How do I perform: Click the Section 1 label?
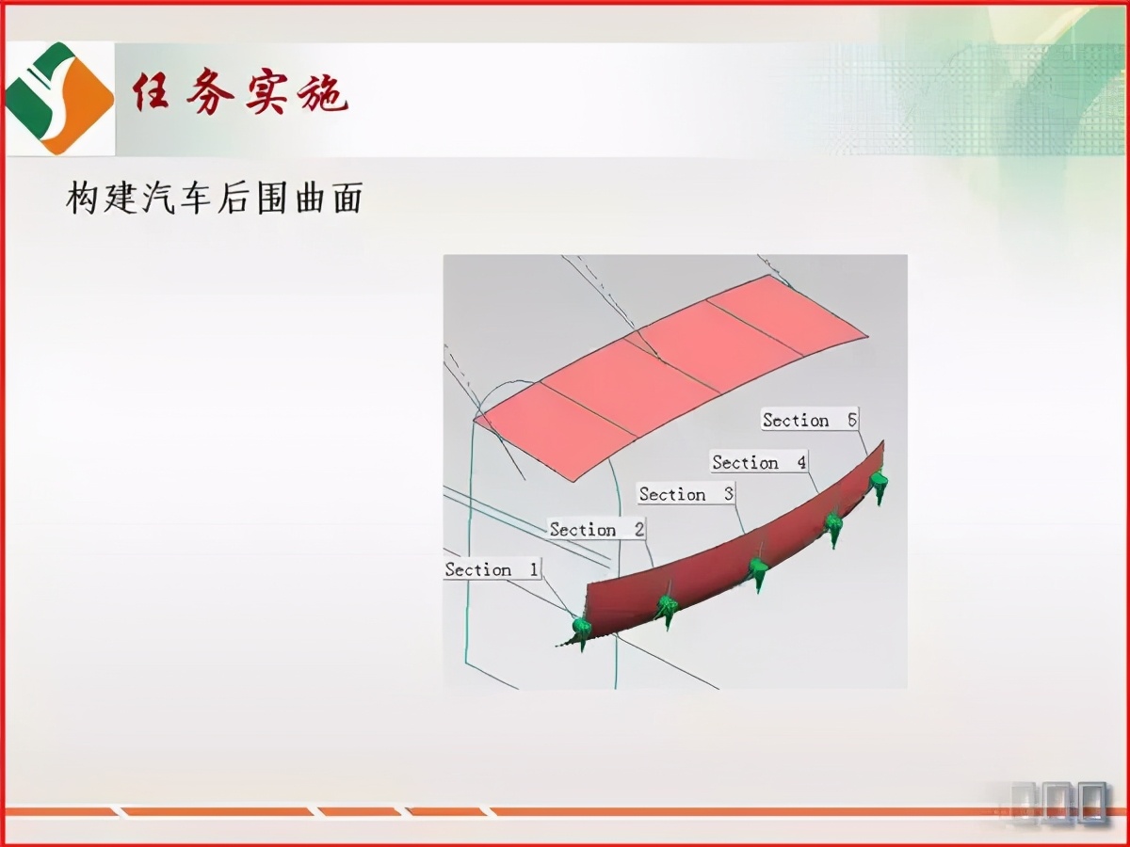492,569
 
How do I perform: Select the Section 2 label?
597,530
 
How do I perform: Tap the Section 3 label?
686,494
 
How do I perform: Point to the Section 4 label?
759,462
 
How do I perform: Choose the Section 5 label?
810,420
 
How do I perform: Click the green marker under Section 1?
581,629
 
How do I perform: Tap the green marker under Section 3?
758,570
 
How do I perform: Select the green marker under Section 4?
833,527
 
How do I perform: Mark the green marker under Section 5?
879,483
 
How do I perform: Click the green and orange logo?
58,97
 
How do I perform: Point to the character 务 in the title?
208,94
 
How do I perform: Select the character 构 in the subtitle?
84,200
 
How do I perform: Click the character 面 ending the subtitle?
345,200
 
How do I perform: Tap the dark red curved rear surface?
734,555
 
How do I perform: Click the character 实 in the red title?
266,94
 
